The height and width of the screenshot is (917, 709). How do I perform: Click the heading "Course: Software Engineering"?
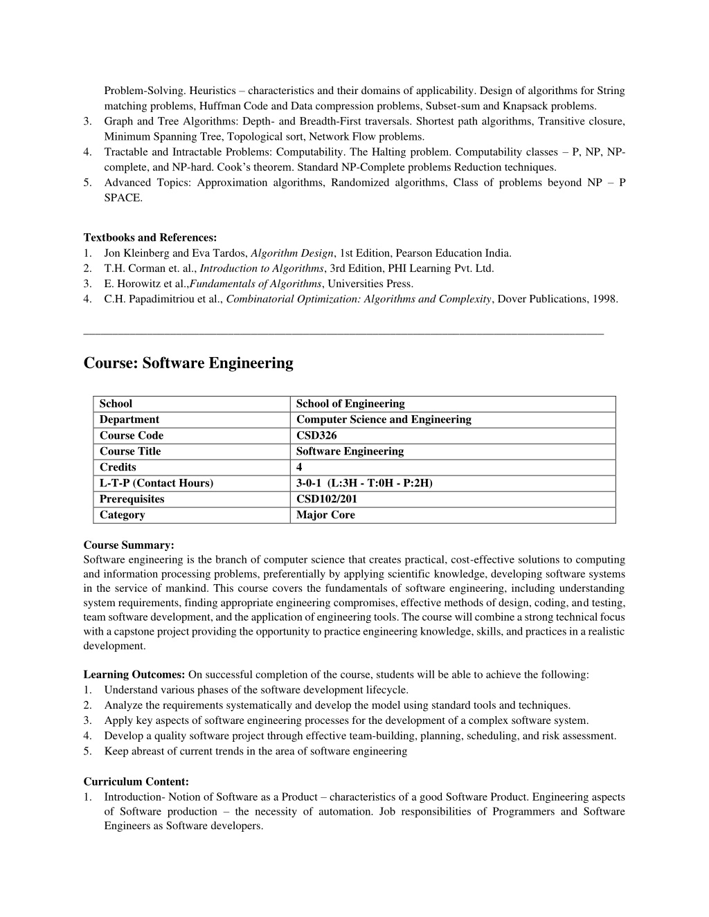[x=188, y=363]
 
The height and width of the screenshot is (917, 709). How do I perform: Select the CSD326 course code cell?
[x=316, y=435]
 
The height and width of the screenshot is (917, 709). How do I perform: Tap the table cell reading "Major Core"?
[x=325, y=515]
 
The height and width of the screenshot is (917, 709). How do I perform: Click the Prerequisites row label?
[x=132, y=499]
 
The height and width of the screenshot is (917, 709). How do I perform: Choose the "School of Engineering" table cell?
[x=350, y=403]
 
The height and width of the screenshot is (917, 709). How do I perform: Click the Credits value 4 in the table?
[x=299, y=467]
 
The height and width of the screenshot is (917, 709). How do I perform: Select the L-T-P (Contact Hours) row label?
[x=156, y=483]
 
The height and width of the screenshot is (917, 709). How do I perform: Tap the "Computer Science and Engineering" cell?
[x=384, y=419]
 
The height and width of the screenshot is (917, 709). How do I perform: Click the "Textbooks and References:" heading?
[x=150, y=237]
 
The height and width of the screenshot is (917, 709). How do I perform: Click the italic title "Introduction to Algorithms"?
[x=262, y=268]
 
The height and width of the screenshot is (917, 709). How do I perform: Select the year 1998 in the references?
[x=606, y=299]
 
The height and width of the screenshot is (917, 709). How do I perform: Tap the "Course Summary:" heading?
[x=128, y=545]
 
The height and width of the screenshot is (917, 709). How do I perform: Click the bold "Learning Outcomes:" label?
[x=134, y=674]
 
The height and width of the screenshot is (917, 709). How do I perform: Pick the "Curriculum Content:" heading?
[x=136, y=782]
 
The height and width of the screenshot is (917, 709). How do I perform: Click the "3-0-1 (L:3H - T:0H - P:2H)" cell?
[x=364, y=483]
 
